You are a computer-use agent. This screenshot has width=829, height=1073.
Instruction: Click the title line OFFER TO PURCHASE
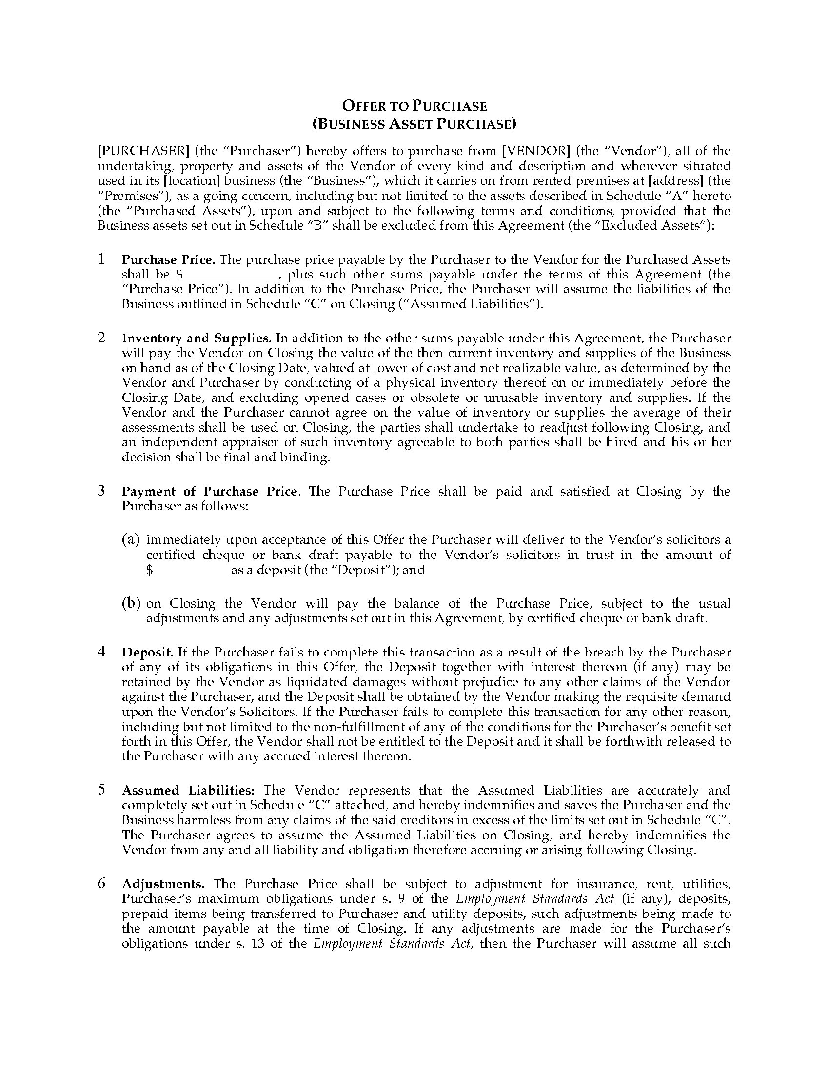click(414, 106)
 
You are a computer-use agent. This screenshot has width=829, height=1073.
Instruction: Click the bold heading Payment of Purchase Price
click(210, 492)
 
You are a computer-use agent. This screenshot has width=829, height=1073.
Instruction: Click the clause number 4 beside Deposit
click(101, 652)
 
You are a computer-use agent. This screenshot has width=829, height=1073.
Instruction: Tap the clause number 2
click(101, 338)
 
